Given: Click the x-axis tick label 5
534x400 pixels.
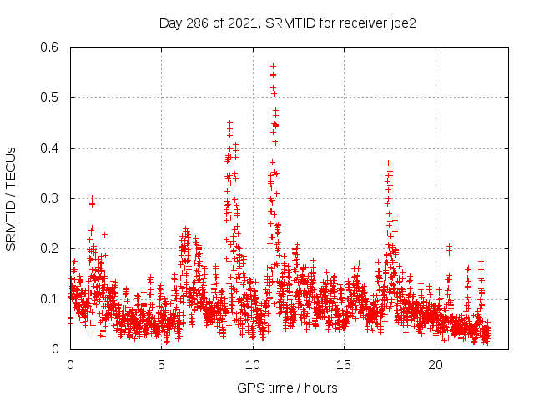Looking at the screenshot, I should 161,365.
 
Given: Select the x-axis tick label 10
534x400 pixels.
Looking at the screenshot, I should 253,365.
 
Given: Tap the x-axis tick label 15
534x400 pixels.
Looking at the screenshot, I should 344,365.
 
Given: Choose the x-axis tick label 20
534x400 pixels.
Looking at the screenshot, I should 436,365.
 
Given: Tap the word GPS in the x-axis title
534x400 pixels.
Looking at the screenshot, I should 249,387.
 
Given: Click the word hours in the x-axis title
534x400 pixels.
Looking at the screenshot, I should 320,387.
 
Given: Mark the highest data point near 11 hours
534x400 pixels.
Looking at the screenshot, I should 273,66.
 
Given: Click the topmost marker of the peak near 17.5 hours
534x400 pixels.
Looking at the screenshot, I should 388,162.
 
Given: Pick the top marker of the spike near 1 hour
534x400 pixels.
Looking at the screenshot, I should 92,198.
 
